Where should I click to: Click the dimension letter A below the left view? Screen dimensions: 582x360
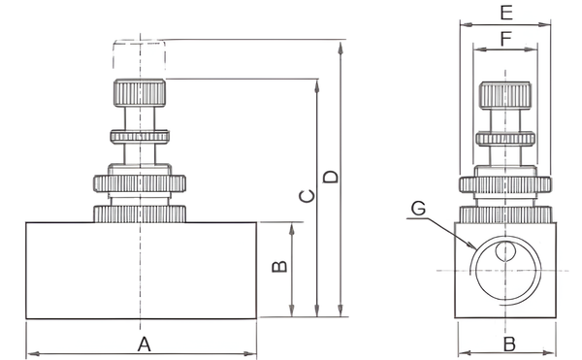pyautogui.click(x=144, y=344)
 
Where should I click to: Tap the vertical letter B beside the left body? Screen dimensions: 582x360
pyautogui.click(x=279, y=267)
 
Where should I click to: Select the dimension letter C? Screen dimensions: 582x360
pyautogui.click(x=307, y=196)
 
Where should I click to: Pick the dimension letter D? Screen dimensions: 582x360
pyautogui.click(x=331, y=177)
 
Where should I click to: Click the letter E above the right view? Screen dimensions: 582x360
pyautogui.click(x=506, y=13)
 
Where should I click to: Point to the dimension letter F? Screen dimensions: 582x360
pyautogui.click(x=506, y=39)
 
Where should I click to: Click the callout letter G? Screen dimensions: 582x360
pyautogui.click(x=419, y=209)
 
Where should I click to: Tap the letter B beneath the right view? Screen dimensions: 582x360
pyautogui.click(x=509, y=344)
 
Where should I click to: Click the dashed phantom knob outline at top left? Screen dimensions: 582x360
pyautogui.click(x=140, y=54)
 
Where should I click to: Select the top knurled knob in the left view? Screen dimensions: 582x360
pyautogui.click(x=140, y=93)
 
